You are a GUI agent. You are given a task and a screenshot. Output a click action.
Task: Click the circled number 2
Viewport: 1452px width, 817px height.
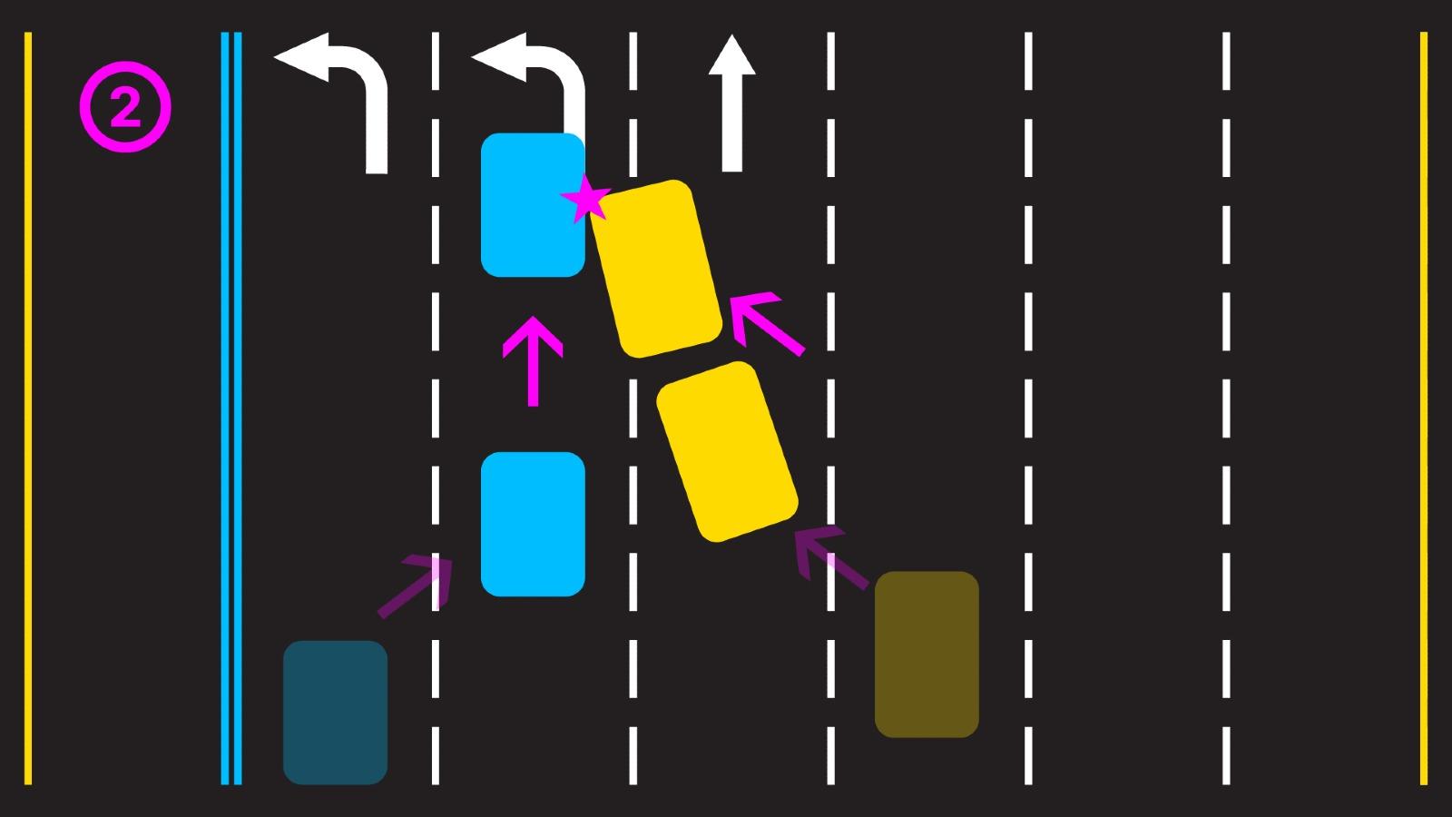pos(125,107)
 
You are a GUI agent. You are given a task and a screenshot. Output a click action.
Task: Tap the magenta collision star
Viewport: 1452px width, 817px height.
pos(587,200)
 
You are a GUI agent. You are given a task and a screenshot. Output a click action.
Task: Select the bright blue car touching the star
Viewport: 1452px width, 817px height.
pos(532,204)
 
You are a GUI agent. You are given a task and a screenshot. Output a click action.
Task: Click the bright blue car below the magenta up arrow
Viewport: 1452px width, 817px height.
pos(532,524)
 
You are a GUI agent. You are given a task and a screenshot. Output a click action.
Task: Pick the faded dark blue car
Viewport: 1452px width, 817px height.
pos(335,712)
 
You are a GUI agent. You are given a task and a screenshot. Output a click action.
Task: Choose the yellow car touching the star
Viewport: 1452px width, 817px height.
pos(656,269)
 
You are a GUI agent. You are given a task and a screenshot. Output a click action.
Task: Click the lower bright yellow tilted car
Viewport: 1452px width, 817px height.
pos(726,451)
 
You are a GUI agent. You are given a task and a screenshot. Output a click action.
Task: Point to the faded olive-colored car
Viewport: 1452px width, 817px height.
pos(926,654)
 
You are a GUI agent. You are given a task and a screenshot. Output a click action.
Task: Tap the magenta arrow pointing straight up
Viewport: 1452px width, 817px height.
pos(533,361)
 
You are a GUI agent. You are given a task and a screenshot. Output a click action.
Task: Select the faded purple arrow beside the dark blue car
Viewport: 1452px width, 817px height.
pos(416,586)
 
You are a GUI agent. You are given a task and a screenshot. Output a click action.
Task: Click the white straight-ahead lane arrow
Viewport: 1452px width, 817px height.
pos(731,104)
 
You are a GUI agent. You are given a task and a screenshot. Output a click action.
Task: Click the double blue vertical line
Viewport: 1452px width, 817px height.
pos(231,408)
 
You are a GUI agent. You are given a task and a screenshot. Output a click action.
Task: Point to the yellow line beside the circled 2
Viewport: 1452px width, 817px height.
pos(28,408)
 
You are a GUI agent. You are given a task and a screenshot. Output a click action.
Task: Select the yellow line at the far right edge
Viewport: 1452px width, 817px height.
pos(1423,408)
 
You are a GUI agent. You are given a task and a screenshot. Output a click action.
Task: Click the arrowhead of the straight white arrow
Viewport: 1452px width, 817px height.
pos(731,56)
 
